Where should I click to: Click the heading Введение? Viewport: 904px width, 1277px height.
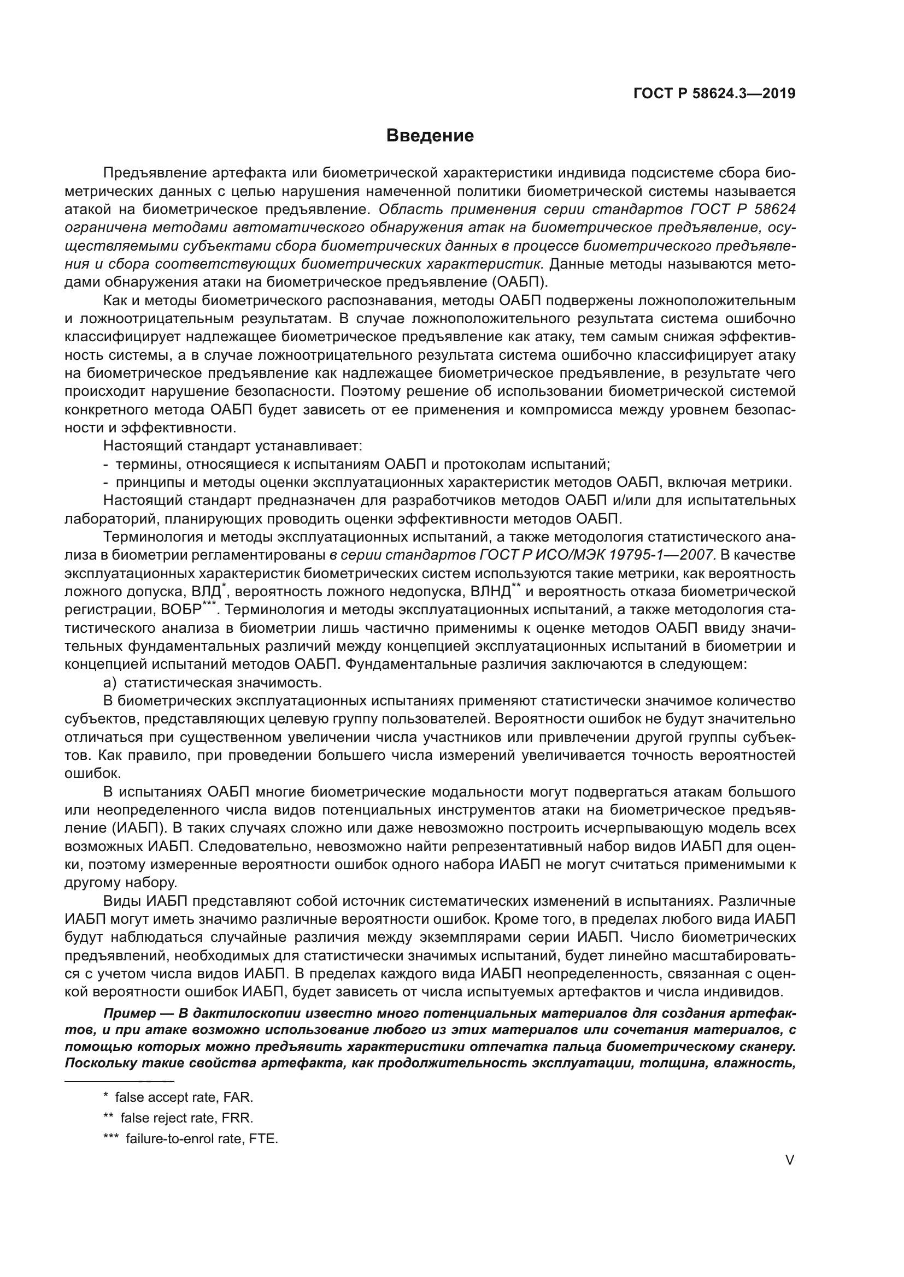coord(430,136)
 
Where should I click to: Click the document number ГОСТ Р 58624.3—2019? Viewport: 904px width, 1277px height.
coord(714,93)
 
